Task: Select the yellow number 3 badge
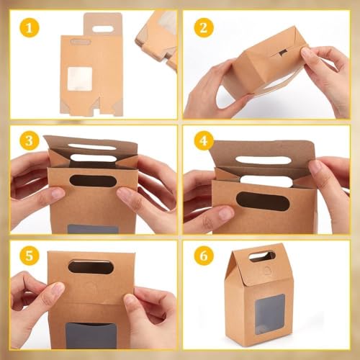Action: click(x=29, y=140)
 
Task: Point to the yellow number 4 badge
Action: click(x=204, y=140)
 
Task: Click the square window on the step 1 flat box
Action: click(x=80, y=78)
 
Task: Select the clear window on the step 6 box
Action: click(x=269, y=314)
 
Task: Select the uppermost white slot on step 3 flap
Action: click(x=93, y=147)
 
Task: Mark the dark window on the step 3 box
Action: click(x=92, y=228)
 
